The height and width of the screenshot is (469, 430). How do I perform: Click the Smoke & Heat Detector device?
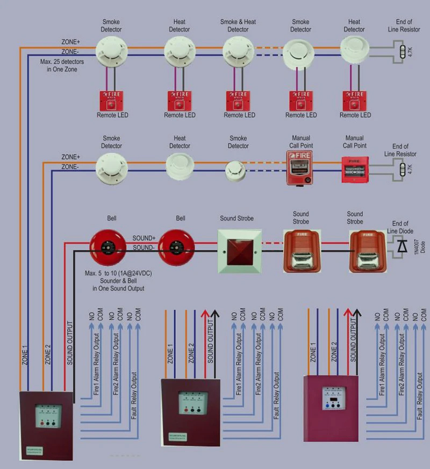pyautogui.click(x=238, y=52)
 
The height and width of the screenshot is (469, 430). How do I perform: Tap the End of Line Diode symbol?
pyautogui.click(x=401, y=246)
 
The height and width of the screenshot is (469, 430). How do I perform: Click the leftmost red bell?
pyautogui.click(x=107, y=249)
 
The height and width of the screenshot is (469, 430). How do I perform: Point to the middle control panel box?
pyautogui.click(x=191, y=412)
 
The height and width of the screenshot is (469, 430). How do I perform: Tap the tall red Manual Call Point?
pyautogui.click(x=299, y=167)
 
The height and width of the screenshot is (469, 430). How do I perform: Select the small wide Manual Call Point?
pyautogui.click(x=355, y=170)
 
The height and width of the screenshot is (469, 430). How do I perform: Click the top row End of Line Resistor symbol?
pyautogui.click(x=404, y=53)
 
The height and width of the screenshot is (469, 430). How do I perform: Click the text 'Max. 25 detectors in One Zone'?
pyautogui.click(x=62, y=65)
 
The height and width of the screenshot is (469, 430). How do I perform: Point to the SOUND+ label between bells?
pyautogui.click(x=144, y=237)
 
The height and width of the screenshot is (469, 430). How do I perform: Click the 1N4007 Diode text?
pyautogui.click(x=422, y=243)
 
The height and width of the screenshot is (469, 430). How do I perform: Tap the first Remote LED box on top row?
pyautogui.click(x=112, y=100)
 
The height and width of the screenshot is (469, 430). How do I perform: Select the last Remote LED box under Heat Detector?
pyautogui.click(x=355, y=100)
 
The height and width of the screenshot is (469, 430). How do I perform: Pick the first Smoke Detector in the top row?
pyautogui.click(x=111, y=52)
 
